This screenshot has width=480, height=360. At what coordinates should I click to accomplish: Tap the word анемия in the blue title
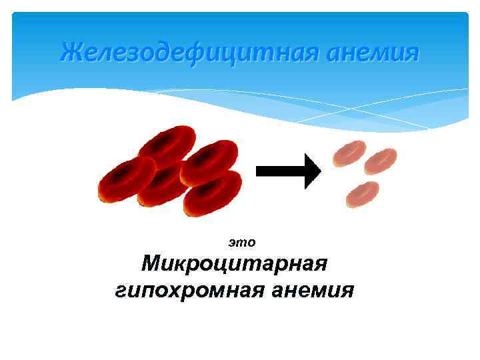click(372, 52)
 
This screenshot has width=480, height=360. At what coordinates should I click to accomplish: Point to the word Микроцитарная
click(234, 263)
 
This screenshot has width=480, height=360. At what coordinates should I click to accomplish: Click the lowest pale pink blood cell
click(363, 193)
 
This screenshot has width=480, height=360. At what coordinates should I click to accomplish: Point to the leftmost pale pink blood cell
click(349, 153)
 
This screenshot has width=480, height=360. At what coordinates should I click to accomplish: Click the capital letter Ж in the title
click(69, 51)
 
